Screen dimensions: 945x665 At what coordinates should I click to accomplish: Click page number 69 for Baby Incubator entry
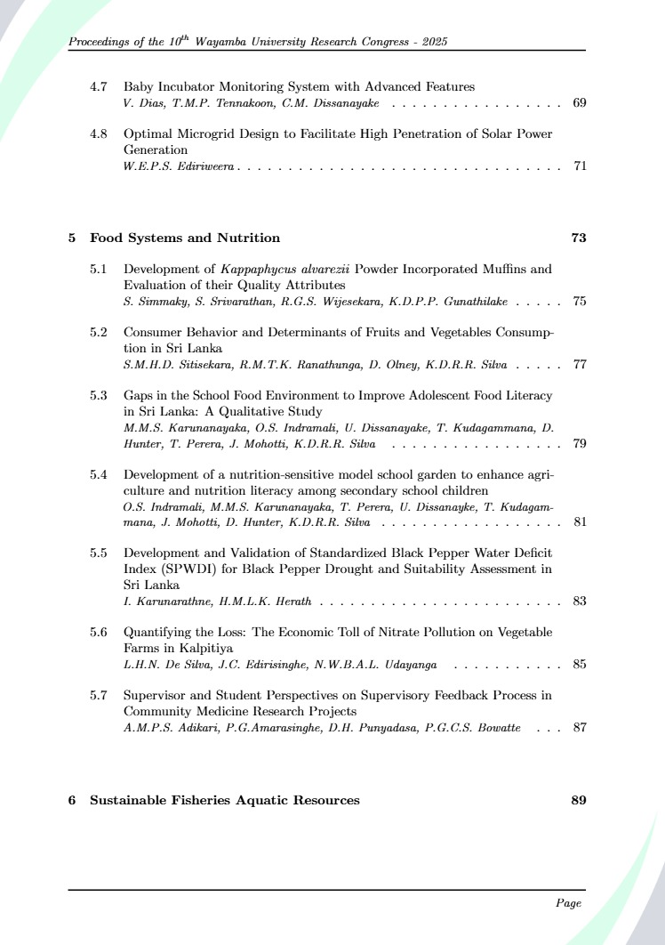point(579,104)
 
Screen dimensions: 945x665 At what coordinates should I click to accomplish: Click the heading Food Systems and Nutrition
point(185,238)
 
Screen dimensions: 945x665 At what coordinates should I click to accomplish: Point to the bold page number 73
point(578,238)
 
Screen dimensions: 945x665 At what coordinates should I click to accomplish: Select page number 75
point(579,302)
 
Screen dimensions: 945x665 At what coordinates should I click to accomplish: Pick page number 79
point(579,444)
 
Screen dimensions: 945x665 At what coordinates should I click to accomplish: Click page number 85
point(579,664)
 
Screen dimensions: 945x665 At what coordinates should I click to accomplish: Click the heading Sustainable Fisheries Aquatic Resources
point(225,800)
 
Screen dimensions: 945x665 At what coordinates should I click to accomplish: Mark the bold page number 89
point(578,800)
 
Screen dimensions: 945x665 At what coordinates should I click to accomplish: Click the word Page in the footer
point(568,903)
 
